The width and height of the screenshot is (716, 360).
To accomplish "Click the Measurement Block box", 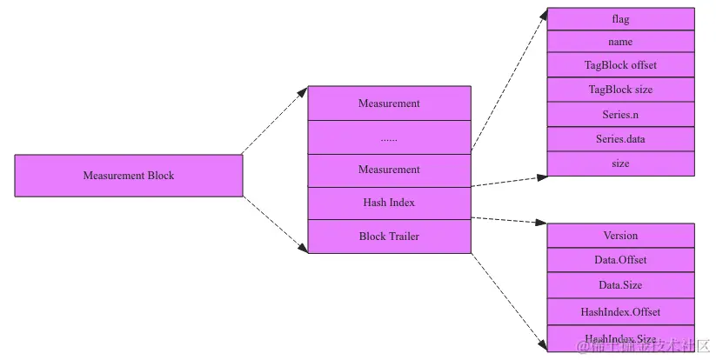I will (129, 176).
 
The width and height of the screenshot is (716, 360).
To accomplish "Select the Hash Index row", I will (389, 203).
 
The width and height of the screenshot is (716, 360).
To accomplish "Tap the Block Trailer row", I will (389, 237).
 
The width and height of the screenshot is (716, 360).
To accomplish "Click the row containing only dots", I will (389, 137).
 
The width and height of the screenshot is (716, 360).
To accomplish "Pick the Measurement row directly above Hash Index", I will (389, 170).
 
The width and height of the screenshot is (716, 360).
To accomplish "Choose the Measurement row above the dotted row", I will (389, 103).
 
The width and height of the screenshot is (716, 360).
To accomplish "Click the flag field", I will (620, 18).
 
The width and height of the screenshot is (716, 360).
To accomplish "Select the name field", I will (620, 42).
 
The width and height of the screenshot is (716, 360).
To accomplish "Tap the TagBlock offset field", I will (620, 65).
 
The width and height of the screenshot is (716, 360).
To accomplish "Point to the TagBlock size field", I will (620, 90).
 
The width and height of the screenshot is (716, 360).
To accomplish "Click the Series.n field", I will (620, 114).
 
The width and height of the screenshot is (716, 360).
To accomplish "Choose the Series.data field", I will (620, 138).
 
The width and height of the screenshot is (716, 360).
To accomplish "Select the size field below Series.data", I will (620, 163).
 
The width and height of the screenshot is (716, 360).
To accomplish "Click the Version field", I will (620, 236).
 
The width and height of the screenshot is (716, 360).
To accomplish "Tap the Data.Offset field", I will (620, 260).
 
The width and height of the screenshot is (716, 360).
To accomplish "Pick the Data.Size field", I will (620, 285).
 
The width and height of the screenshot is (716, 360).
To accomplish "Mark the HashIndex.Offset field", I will (620, 311).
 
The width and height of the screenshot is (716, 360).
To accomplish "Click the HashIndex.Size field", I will (620, 338).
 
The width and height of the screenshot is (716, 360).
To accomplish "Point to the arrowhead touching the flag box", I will (542, 15).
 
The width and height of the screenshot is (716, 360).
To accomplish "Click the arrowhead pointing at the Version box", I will (541, 224).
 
